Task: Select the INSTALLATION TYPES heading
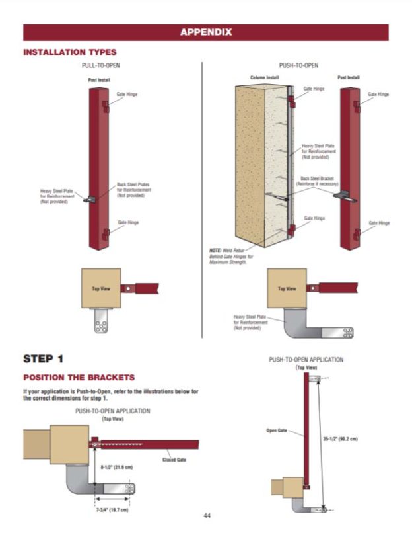pyautogui.click(x=69, y=52)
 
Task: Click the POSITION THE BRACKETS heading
pyautogui.click(x=79, y=377)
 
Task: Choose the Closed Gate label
pyautogui.click(x=174, y=460)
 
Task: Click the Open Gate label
pyautogui.click(x=276, y=430)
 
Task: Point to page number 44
pyautogui.click(x=207, y=516)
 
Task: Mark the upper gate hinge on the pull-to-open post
pyautogui.click(x=105, y=106)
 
